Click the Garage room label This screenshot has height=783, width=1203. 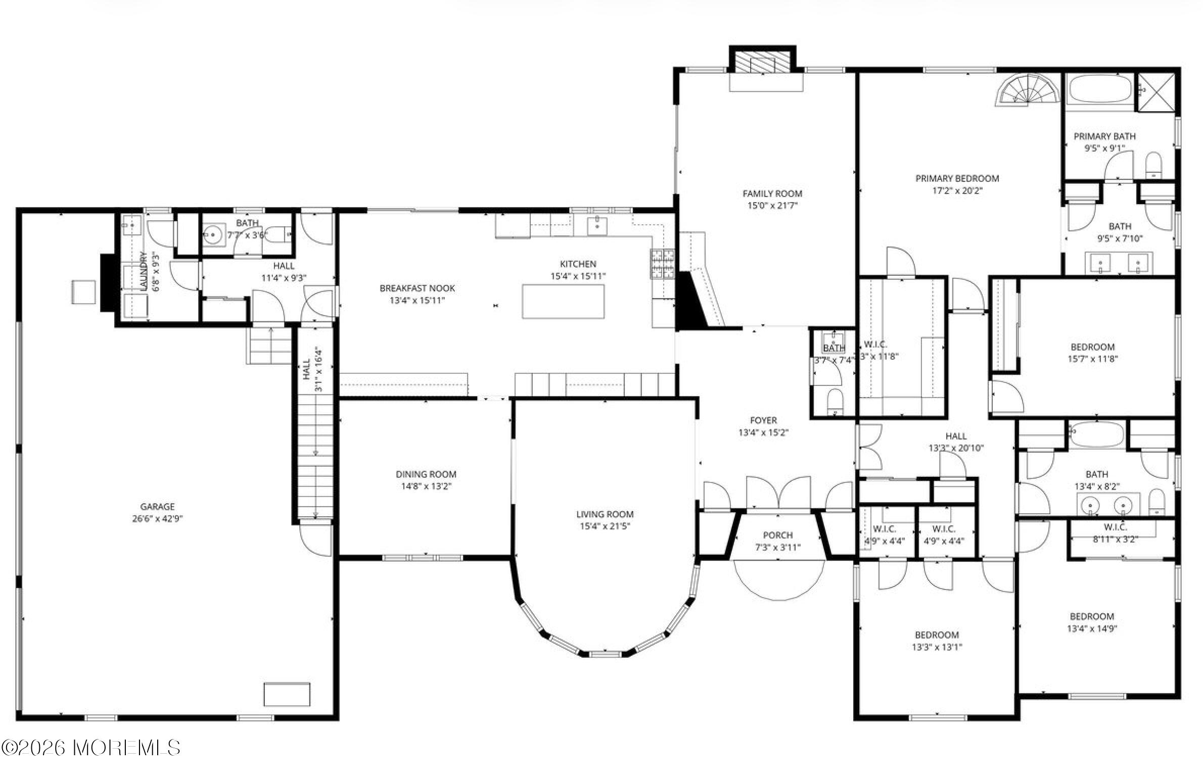tap(157, 506)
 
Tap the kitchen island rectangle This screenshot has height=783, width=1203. tap(563, 302)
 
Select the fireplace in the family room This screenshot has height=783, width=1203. tap(762, 63)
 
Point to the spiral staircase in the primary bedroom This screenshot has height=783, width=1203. tap(1026, 91)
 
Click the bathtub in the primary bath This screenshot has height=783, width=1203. tap(1099, 92)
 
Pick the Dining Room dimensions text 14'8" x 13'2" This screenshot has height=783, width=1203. tap(426, 486)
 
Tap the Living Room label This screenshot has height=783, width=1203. tap(605, 514)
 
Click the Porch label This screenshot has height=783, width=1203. tap(777, 535)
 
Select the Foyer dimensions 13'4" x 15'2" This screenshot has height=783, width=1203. tap(763, 432)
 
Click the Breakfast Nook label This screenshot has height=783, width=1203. tap(417, 288)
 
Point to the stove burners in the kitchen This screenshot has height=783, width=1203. tap(662, 264)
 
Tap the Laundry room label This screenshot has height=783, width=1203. tap(143, 271)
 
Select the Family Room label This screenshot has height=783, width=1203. tap(772, 193)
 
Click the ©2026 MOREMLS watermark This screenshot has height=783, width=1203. tap(91, 748)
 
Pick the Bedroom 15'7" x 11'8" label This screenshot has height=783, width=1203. tap(1092, 347)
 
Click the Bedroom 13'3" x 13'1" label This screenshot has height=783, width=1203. tap(937, 635)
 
